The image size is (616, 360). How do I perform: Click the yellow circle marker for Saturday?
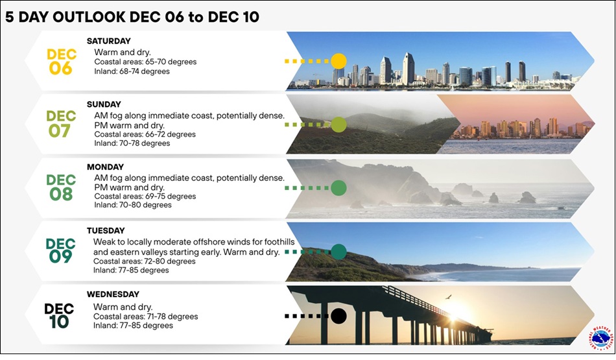point(338,62)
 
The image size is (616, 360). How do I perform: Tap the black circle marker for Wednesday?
point(338,316)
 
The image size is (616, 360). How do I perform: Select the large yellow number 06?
point(60,68)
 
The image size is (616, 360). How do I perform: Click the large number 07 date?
point(61,131)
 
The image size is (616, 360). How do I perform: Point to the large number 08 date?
point(61,194)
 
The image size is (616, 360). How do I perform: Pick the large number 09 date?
point(60,257)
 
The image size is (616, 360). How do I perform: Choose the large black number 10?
point(59,321)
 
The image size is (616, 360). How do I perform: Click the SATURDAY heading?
point(109,41)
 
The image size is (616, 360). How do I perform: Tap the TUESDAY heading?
point(106,230)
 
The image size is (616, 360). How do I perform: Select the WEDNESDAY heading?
point(113,294)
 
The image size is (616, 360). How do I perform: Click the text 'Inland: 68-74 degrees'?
point(132,71)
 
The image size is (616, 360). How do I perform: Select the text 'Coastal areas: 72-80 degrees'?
point(144,261)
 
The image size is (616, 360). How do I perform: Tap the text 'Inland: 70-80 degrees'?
point(133,205)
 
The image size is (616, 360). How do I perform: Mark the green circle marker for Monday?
point(338,189)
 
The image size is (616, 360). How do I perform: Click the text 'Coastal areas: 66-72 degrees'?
point(145,134)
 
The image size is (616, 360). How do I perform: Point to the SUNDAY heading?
point(104,104)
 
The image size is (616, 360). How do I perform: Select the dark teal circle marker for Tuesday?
point(338,252)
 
